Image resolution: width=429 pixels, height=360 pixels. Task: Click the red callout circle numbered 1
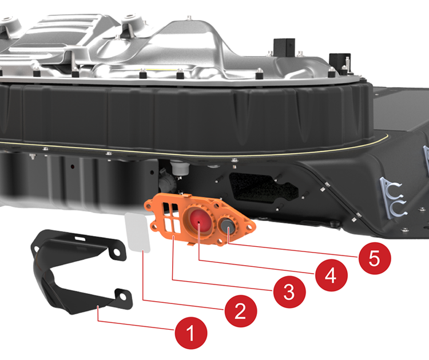191,333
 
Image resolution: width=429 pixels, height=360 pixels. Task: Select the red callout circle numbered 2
241,311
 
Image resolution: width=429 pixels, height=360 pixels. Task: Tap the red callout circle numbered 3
289,292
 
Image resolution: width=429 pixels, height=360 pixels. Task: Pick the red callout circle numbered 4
331,275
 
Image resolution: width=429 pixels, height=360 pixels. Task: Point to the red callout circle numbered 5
375,258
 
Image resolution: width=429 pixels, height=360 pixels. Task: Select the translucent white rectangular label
138,233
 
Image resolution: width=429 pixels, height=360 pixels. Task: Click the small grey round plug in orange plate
228,226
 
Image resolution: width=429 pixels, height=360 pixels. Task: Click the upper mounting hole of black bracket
117,252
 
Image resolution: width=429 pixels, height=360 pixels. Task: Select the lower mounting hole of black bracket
122,297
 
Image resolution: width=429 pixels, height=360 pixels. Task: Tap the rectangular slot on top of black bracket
80,238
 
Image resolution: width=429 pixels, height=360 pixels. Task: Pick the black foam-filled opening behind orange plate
263,187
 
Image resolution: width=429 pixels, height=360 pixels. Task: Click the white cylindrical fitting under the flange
180,168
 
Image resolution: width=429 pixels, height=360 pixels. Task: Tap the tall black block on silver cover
284,48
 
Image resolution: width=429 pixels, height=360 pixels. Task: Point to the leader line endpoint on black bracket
98,306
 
